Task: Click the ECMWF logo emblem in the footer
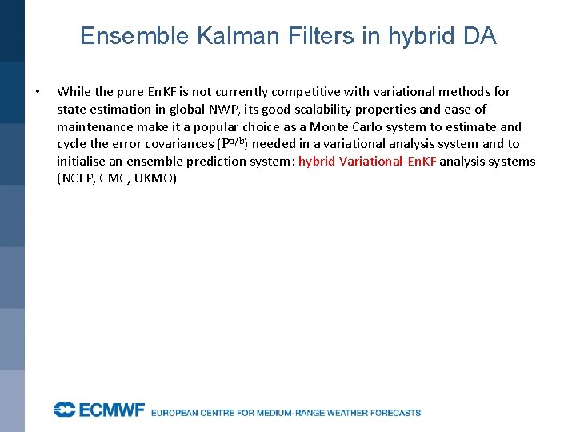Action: [x=64, y=410]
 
